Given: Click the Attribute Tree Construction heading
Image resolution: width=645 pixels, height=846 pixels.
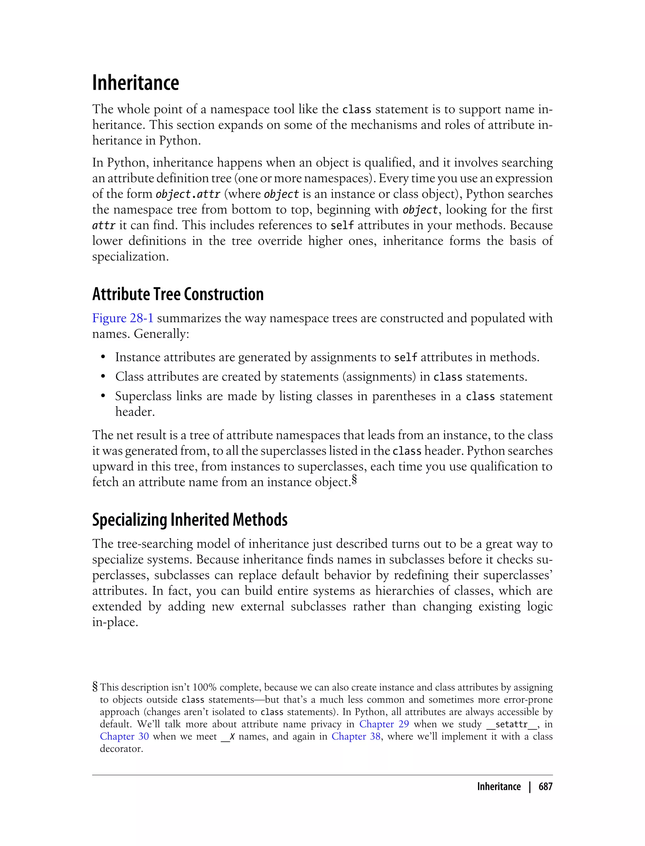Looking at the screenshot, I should click(178, 294).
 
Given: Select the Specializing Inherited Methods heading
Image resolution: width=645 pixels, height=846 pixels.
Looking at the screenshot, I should click(190, 520).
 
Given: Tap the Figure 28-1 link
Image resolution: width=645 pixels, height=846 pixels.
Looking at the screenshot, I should click(123, 318).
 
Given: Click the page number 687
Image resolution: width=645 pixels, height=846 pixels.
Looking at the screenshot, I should click(545, 787).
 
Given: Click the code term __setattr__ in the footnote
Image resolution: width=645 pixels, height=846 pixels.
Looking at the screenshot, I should click(512, 725).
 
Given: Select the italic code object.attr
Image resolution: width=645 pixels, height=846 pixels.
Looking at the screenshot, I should click(188, 194).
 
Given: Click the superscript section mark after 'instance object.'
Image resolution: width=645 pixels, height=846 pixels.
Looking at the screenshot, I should click(354, 480).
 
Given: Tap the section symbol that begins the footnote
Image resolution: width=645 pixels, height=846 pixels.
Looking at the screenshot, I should click(95, 687).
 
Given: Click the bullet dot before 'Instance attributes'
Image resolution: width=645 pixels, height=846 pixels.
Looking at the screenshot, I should click(103, 358).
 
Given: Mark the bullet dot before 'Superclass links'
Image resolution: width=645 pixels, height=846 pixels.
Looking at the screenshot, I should click(103, 396).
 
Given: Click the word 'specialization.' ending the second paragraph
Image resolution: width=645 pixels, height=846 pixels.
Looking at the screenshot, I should click(130, 256).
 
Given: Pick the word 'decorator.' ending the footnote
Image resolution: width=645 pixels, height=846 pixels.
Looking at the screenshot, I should click(121, 748).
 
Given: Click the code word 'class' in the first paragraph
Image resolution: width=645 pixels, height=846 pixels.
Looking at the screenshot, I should click(356, 110).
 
